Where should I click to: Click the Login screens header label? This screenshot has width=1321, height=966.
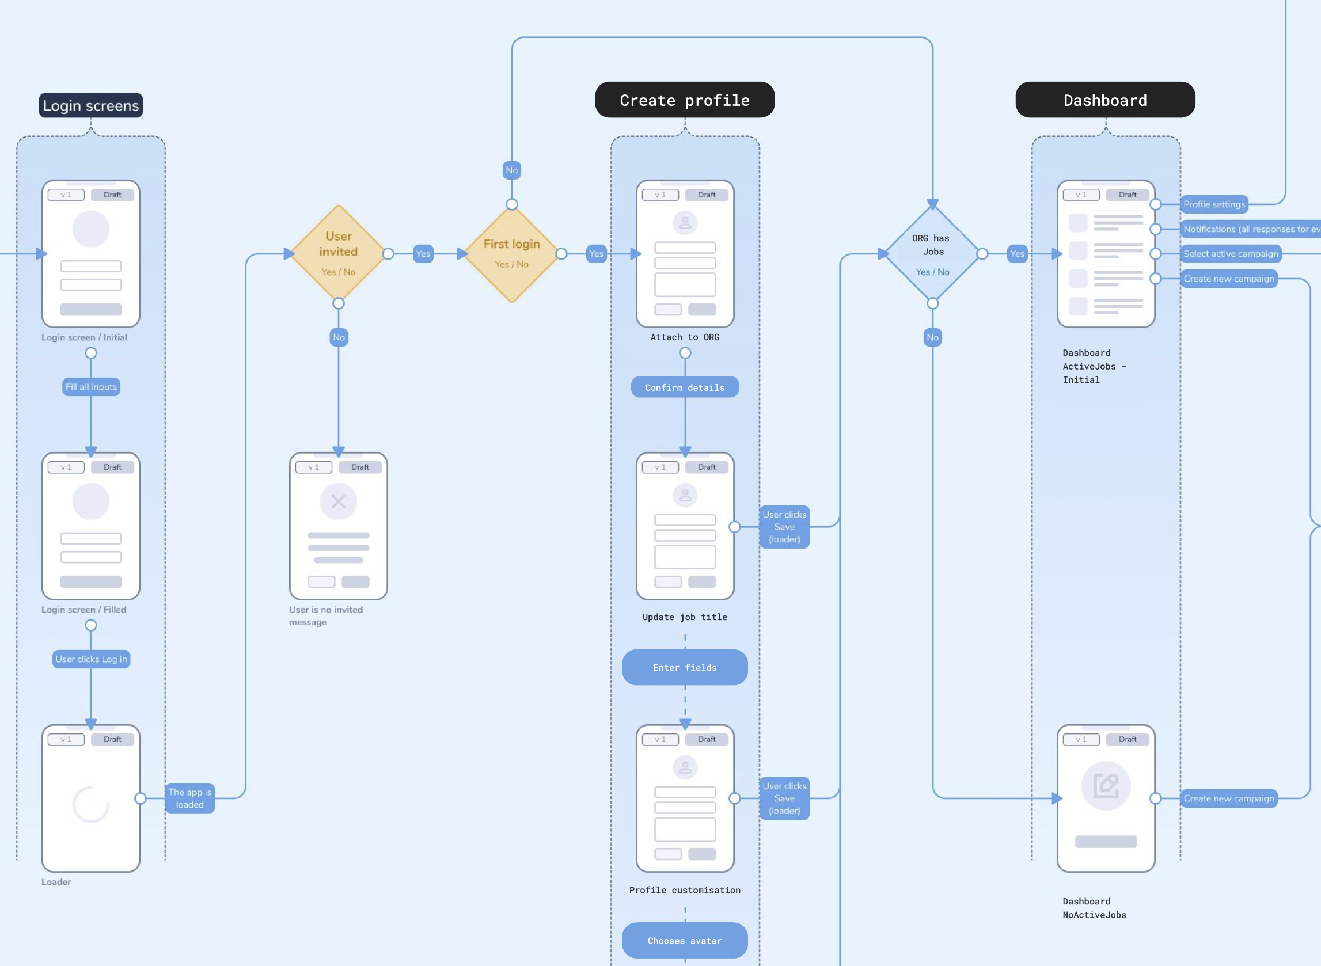(x=90, y=105)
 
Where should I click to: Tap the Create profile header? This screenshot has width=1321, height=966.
(x=685, y=100)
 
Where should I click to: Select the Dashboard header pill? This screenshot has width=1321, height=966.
(x=1105, y=100)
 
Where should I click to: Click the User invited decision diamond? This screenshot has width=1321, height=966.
(x=338, y=254)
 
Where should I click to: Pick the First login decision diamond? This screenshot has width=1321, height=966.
(x=512, y=254)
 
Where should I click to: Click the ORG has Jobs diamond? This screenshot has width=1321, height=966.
(x=933, y=254)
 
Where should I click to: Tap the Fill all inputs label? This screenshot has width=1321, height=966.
(x=91, y=386)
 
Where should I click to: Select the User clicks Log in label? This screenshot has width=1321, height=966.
(x=91, y=659)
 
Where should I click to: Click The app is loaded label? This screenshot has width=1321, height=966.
(x=190, y=798)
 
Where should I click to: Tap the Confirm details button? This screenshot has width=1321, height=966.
(x=685, y=387)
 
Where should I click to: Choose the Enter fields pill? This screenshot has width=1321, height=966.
(x=685, y=667)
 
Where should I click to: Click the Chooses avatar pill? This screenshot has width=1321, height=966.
(x=685, y=940)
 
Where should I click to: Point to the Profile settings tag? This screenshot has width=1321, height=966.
(x=1214, y=204)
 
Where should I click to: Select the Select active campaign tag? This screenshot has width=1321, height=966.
(x=1231, y=254)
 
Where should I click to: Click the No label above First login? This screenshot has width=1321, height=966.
(x=512, y=170)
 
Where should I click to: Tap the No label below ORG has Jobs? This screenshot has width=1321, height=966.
(x=933, y=337)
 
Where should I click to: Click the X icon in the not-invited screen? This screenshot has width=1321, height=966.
(x=339, y=501)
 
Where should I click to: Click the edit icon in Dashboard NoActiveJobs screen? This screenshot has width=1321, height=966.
(x=1106, y=786)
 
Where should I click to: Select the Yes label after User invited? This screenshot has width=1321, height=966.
(x=423, y=254)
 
